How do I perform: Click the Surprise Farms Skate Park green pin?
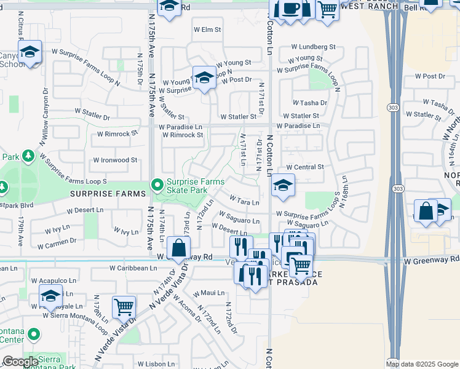click(157, 184)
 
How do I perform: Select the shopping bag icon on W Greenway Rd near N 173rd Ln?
click(178, 248)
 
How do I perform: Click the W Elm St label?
click(207, 29)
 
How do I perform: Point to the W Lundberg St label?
click(313, 46)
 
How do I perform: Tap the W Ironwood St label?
click(115, 160)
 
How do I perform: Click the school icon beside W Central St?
click(282, 185)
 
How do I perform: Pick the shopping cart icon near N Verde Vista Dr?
click(124, 306)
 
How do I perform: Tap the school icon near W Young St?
click(204, 77)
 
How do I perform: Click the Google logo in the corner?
click(20, 362)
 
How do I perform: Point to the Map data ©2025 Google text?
click(421, 364)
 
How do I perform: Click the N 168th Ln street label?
click(345, 203)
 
